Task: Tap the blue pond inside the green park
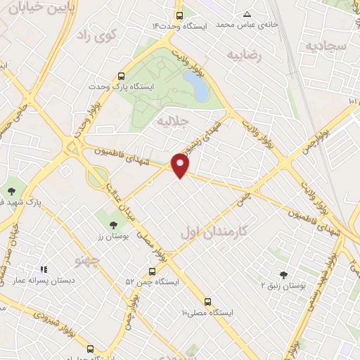(200, 89)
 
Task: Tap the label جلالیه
(174, 121)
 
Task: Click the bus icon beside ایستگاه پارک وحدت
(122, 76)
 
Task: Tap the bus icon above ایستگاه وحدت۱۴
(180, 15)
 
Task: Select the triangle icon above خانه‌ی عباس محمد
(247, 14)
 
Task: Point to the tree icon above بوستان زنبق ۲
(283, 275)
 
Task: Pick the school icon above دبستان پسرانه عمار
(44, 269)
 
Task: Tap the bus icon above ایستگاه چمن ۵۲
(153, 271)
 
